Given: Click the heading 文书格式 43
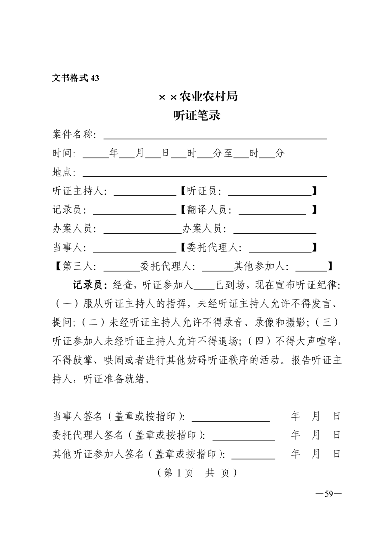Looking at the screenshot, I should (x=75, y=78).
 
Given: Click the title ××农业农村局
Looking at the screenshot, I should (x=198, y=97).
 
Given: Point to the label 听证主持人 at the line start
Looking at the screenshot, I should (x=79, y=191).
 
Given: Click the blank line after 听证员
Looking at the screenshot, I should (x=270, y=194).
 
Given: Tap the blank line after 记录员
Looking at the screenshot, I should (x=134, y=213).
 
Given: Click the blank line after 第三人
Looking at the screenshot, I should (x=122, y=270).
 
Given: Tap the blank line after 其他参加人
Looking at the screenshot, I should (x=311, y=270).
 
